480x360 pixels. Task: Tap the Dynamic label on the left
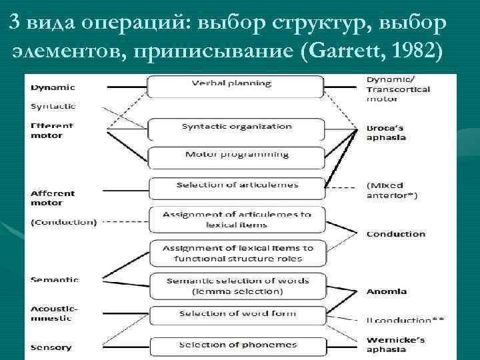(x=53, y=87)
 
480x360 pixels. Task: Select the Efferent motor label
(x=52, y=130)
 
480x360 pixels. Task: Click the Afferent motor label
(x=53, y=197)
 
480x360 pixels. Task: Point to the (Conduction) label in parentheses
(x=63, y=222)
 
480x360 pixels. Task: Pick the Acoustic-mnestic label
(x=55, y=313)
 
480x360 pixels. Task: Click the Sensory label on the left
(x=51, y=347)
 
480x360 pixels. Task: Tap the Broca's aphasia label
(x=386, y=132)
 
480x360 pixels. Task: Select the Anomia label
(x=386, y=291)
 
